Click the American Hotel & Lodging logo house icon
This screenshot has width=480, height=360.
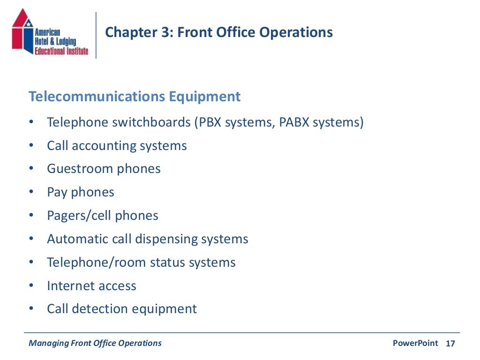click(x=22, y=33)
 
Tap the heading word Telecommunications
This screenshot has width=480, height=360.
click(x=97, y=97)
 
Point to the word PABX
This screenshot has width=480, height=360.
click(x=294, y=122)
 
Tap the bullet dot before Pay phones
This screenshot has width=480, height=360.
click(x=31, y=192)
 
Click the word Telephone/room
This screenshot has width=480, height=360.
click(x=97, y=262)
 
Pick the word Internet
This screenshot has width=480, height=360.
click(x=69, y=286)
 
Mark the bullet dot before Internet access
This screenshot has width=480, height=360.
click(x=31, y=286)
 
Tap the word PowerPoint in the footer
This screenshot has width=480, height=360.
click(x=415, y=343)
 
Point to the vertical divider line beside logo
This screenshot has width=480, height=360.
click(x=96, y=35)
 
